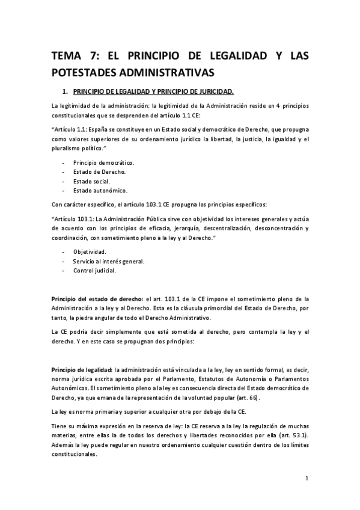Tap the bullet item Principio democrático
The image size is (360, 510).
(103, 162)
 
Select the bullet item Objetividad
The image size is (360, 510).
(90, 251)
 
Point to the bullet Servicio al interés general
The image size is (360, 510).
(109, 261)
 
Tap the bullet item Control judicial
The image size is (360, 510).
(94, 270)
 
